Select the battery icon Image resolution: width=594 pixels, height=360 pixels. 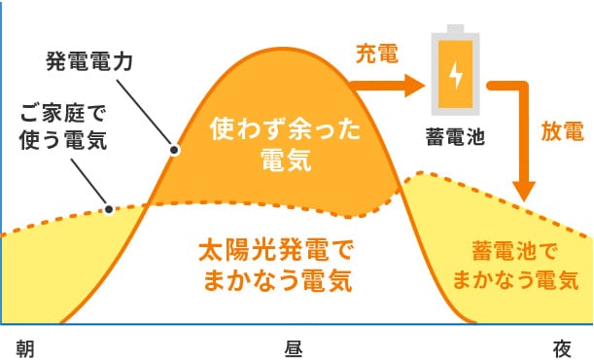(x=455, y=71)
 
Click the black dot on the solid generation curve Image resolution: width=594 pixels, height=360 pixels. (x=175, y=151)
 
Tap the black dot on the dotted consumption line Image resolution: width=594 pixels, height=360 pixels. (x=109, y=208)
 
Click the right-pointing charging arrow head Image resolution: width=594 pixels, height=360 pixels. (x=413, y=86)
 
